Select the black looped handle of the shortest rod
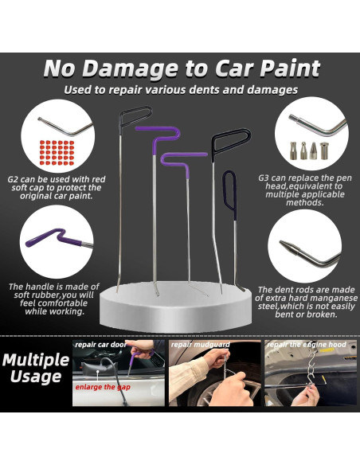click(x=230, y=191)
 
